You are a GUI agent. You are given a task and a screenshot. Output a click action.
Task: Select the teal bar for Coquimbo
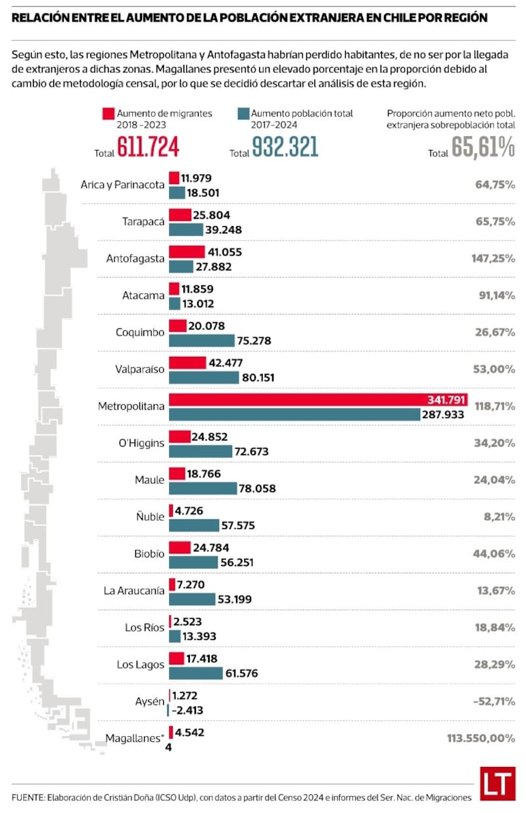[x=201, y=340]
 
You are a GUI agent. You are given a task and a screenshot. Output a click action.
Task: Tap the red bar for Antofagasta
[x=187, y=252]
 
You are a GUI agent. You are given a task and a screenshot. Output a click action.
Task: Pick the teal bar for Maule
[x=203, y=488]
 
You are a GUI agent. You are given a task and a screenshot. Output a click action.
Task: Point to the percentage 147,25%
[x=492, y=258]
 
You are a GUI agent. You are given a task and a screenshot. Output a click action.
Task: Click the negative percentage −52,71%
[x=494, y=701]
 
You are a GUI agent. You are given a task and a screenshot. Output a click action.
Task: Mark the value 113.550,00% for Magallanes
[x=478, y=738]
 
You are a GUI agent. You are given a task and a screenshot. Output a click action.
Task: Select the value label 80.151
[x=258, y=377]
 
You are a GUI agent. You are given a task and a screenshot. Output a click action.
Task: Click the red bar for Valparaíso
[x=187, y=363]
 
